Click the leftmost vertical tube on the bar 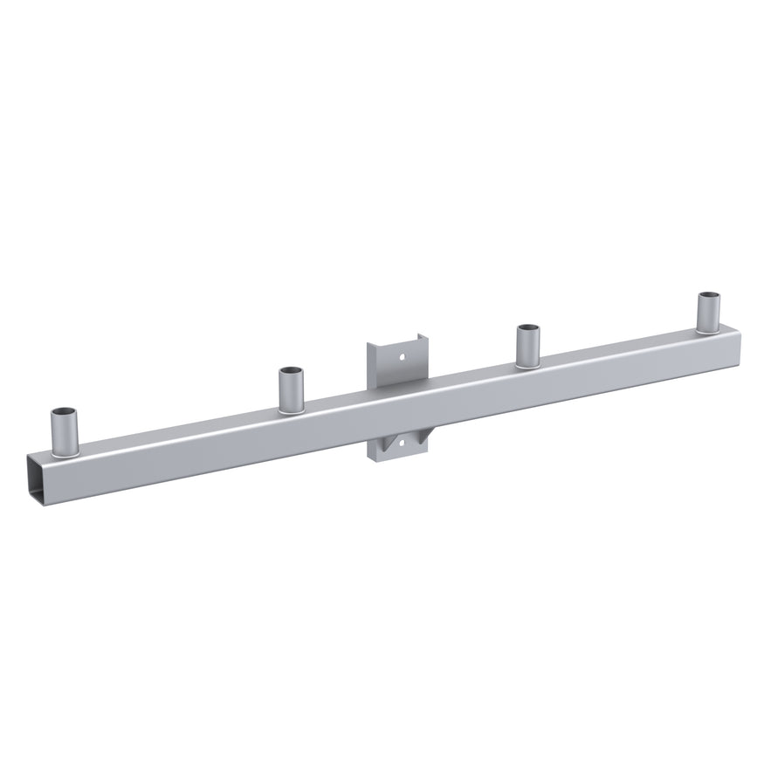pos(63,432)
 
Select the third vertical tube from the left pos(527,347)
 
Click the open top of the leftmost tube pos(63,412)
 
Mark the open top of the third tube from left pos(527,329)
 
